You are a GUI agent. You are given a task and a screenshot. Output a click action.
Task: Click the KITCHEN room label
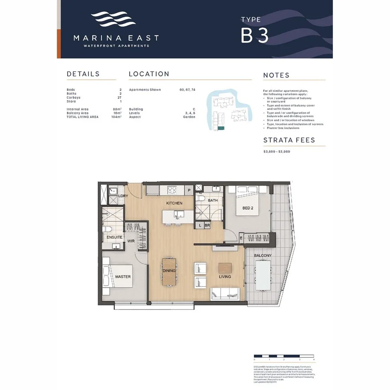point(174,203)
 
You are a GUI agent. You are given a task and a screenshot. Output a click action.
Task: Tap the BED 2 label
point(247,208)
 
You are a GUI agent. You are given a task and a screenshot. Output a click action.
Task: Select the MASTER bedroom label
point(123,276)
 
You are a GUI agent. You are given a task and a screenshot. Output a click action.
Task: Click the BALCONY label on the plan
point(263,256)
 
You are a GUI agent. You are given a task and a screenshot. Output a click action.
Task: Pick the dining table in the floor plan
point(169,272)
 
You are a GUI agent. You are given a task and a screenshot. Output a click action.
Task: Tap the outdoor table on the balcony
point(264,276)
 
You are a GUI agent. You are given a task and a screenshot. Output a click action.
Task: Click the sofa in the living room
point(225,294)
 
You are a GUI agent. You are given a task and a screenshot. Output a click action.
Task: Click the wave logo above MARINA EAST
point(113,20)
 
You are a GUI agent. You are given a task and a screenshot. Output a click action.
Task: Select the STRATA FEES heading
point(289,140)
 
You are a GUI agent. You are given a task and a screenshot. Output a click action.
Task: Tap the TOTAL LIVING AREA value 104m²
point(117,117)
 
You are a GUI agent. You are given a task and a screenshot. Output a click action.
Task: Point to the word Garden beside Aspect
point(189,117)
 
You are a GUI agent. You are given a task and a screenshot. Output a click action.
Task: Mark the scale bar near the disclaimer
point(284,356)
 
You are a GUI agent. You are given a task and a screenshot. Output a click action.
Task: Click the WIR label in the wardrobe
point(130,241)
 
